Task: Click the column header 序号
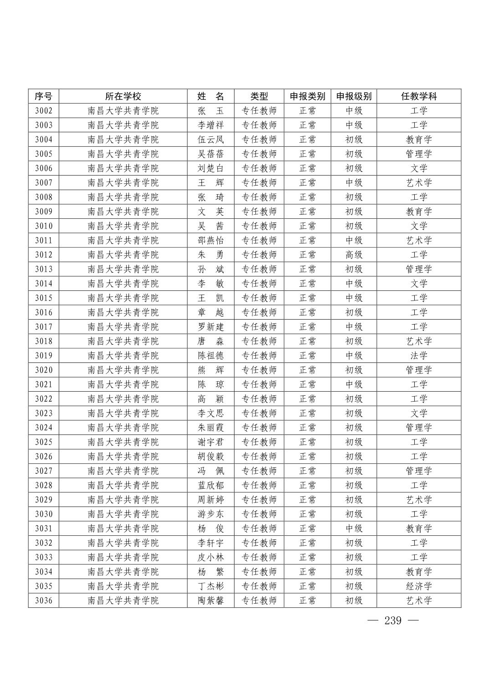[43, 96]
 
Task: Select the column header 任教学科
[418, 96]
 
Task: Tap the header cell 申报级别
[353, 96]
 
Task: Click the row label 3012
[43, 255]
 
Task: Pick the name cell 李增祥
[210, 125]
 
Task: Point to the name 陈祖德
[210, 356]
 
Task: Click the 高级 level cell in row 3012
[353, 255]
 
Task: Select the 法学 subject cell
[418, 356]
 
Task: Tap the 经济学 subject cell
[418, 586]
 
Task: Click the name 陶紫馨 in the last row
[210, 600]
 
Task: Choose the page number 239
[392, 621]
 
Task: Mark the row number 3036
[43, 600]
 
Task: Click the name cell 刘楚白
[210, 168]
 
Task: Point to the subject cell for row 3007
[418, 183]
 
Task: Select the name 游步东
[210, 514]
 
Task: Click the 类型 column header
[259, 96]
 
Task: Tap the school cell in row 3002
[123, 111]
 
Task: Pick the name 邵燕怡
[210, 240]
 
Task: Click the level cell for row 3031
[353, 528]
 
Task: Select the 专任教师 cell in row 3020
[259, 370]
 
